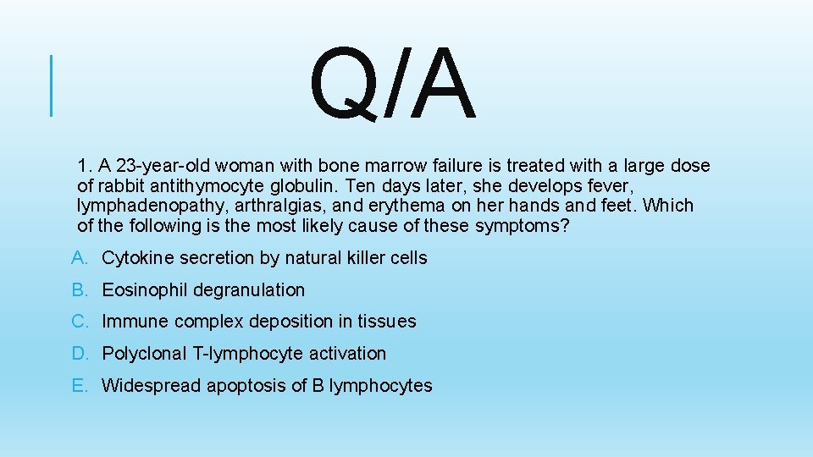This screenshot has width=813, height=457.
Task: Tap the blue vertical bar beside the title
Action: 52,85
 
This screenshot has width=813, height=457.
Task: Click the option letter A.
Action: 79,257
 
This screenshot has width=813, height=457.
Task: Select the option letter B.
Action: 79,289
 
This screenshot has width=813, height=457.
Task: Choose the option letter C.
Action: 79,322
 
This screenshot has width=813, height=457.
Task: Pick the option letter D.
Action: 79,354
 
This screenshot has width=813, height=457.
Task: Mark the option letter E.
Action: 79,386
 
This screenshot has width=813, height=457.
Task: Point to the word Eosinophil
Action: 145,289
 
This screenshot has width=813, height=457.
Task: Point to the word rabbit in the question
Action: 122,185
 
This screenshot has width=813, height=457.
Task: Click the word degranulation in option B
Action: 249,289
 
